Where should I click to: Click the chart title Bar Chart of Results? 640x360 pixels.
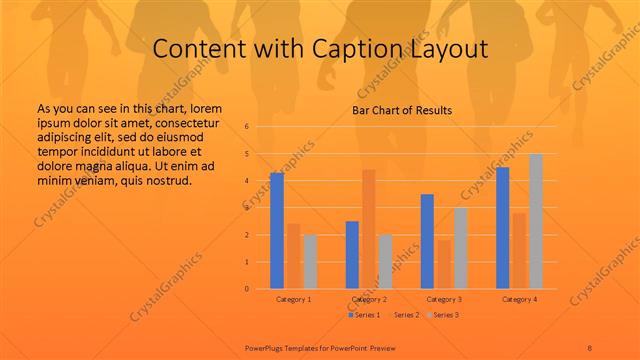(x=402, y=110)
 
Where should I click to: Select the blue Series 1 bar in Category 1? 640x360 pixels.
(x=277, y=230)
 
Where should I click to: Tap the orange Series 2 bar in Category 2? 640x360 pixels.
(x=368, y=229)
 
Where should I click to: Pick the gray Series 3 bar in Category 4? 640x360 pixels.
(x=536, y=221)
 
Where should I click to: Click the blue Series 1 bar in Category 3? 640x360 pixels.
(x=427, y=241)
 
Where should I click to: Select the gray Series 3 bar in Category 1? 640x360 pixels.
(x=310, y=262)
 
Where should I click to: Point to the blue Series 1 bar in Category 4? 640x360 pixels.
(x=503, y=228)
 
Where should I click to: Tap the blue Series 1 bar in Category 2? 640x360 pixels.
(x=352, y=255)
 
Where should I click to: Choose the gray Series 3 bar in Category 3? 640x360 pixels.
(x=460, y=248)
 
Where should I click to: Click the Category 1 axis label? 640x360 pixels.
(x=294, y=299)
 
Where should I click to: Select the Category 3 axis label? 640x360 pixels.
(x=444, y=299)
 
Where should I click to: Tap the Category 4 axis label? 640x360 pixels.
(x=519, y=299)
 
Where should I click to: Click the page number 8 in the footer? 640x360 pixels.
(x=590, y=346)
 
